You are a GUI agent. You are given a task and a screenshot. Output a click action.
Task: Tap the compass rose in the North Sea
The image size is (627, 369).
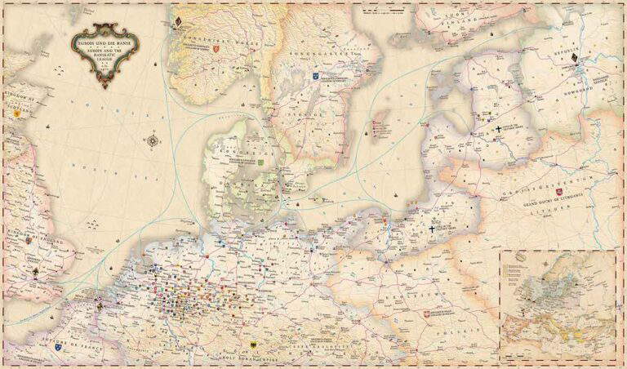153,141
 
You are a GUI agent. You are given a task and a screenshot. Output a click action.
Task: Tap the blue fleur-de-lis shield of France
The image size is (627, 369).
58,347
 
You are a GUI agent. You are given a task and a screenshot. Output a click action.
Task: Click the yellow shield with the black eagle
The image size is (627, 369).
256,345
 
